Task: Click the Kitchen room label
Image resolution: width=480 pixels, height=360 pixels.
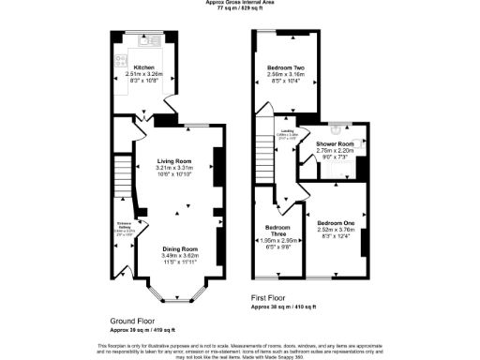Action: [x=142, y=67]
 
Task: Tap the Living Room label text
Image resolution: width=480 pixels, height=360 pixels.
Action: [x=173, y=161]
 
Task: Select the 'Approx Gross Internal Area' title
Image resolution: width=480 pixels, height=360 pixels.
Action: [x=240, y=3]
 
